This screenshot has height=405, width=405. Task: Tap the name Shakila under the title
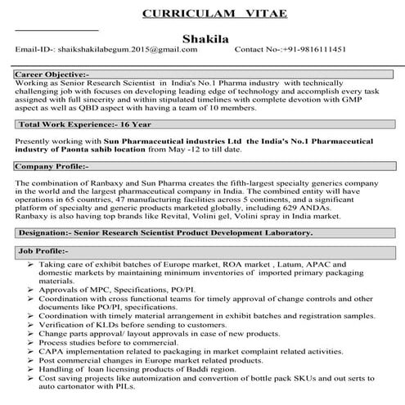pyautogui.click(x=203, y=38)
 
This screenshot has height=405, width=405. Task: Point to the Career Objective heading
pyautogui.click(x=52, y=74)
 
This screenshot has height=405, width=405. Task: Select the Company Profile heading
pyautogui.click(x=48, y=165)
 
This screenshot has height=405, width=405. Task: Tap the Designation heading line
pyautogui.click(x=164, y=233)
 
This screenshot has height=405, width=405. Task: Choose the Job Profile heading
pyautogui.click(x=42, y=253)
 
